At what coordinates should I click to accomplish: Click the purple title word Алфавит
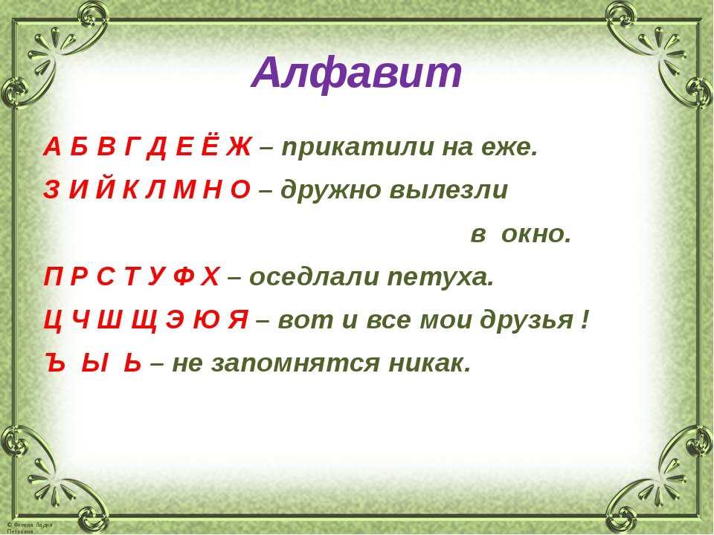click(x=357, y=74)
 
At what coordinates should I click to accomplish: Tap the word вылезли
click(x=448, y=191)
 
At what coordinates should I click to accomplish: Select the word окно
click(x=535, y=236)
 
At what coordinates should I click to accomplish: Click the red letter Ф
click(x=184, y=276)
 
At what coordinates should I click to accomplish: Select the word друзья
click(x=527, y=321)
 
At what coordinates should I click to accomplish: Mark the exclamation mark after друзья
click(x=585, y=320)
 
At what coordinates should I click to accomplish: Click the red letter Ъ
click(x=56, y=363)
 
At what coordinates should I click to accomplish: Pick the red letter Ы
click(x=94, y=363)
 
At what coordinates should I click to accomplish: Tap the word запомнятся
click(x=295, y=364)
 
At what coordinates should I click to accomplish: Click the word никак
click(x=428, y=364)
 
